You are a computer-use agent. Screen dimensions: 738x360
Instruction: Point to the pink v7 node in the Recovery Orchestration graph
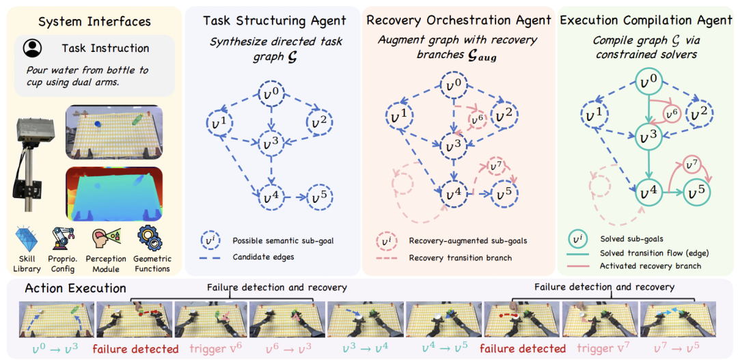[x=493, y=167]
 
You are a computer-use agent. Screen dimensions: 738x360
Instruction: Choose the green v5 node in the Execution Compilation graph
[x=696, y=192]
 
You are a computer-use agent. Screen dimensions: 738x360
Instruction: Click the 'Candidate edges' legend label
[x=266, y=257]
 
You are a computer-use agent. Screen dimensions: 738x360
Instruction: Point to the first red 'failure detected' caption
[x=135, y=348]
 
